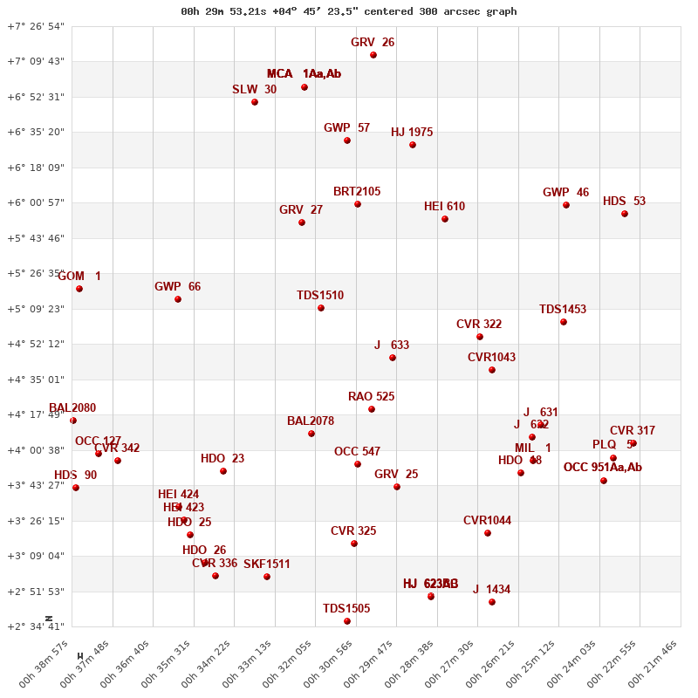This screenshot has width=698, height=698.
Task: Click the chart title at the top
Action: tap(348, 11)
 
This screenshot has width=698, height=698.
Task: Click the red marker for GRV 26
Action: tap(373, 55)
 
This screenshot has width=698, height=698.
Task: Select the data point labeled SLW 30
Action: tap(255, 102)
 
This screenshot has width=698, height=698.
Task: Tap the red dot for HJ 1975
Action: tap(413, 145)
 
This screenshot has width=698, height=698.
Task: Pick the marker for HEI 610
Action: tap(445, 219)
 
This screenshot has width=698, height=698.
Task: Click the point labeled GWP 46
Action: tap(566, 205)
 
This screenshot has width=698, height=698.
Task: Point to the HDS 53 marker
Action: tap(625, 214)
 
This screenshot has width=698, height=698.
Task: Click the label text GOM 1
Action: tap(79, 276)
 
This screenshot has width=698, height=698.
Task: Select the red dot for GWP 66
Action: tap(178, 299)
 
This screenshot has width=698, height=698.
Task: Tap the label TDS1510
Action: tap(320, 295)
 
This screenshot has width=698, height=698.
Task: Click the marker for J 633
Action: tap(393, 358)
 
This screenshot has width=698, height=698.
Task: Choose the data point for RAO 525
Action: tap(372, 409)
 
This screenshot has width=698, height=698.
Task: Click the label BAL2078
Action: tap(311, 421)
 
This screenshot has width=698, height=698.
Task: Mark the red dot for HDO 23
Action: tap(223, 471)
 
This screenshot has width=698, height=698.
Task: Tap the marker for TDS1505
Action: tap(347, 621)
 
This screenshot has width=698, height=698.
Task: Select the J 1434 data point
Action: tap(492, 602)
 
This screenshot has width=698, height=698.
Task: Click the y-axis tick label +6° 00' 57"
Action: tap(36, 202)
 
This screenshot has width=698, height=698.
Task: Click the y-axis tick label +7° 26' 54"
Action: tap(36, 26)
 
